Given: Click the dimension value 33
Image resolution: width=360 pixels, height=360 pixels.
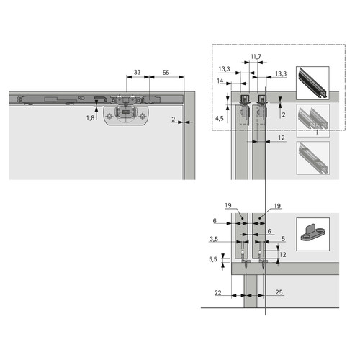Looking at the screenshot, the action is click(x=137, y=72).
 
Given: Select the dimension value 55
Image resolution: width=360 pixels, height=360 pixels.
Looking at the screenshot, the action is click(x=166, y=72).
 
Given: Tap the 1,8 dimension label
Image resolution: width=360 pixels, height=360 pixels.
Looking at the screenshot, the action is click(x=90, y=118).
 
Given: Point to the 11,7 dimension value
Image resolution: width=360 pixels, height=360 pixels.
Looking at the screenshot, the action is click(x=256, y=57).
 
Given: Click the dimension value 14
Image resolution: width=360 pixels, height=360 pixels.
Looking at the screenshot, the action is click(x=220, y=81).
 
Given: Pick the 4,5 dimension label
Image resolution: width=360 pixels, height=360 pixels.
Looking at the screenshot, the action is click(x=220, y=118).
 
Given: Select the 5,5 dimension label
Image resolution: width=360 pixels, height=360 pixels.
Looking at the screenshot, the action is click(x=213, y=259).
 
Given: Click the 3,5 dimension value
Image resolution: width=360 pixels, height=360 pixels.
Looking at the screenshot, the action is click(x=214, y=239).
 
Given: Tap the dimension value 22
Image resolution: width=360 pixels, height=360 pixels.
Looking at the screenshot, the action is click(x=218, y=292).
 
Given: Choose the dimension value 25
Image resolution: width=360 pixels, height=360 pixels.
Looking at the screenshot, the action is click(x=279, y=292).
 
